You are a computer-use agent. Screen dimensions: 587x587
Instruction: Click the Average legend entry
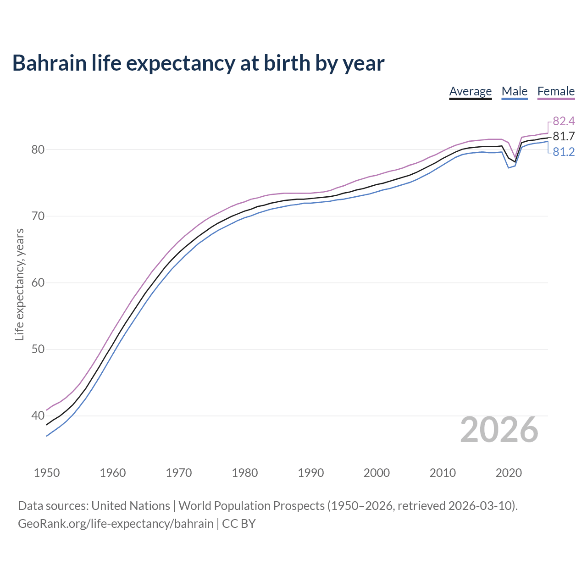(470, 91)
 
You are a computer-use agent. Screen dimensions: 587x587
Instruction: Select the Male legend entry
(514, 91)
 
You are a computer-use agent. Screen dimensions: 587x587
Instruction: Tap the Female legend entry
(556, 91)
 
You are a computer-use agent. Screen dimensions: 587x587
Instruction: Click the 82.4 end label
(564, 121)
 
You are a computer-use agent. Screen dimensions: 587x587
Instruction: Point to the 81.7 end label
(564, 136)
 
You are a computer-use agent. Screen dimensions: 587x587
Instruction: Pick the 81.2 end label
(564, 152)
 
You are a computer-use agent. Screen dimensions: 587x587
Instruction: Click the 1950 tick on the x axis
(47, 473)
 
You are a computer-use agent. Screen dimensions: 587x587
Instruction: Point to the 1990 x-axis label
(310, 473)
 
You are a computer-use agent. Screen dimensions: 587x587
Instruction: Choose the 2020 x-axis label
(509, 473)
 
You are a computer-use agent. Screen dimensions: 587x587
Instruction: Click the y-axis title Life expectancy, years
(19, 285)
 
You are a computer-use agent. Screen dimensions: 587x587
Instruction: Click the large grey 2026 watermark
(499, 430)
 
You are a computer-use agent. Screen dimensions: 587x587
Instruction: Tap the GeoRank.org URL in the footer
(116, 524)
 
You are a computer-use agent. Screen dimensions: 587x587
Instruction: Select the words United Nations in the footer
(131, 506)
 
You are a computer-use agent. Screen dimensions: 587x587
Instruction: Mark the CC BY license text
(238, 524)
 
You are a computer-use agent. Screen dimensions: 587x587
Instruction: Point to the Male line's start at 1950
(47, 436)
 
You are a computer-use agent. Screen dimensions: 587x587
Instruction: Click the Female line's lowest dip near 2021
(515, 157)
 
